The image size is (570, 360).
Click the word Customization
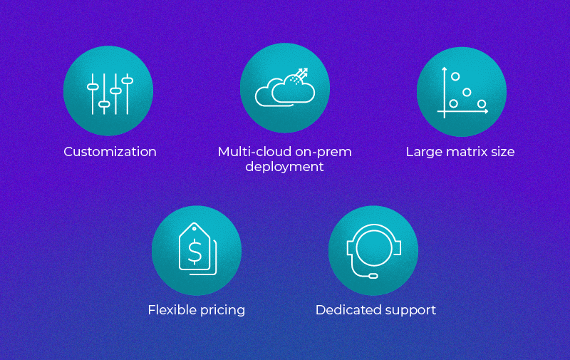point(110,152)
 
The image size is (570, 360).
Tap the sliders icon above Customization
point(110,94)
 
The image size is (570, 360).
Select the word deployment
point(284,167)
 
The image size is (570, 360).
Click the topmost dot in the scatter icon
point(455,76)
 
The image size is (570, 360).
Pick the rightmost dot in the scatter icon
point(482,104)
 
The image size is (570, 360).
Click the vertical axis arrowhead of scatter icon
point(444,68)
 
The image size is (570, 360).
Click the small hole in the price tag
point(195,229)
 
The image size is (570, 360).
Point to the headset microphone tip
point(373,276)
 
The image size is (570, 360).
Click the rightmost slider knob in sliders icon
point(128,81)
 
